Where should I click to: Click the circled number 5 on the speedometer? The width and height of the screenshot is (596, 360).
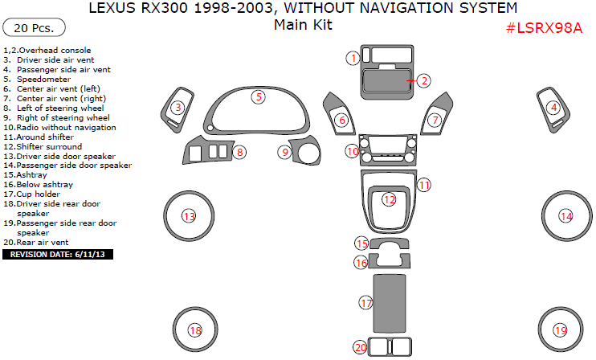(259, 97)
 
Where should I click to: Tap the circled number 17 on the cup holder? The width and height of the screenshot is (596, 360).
(366, 303)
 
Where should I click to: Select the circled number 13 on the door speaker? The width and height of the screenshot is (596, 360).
(190, 216)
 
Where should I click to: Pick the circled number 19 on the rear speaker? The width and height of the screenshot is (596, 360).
(561, 330)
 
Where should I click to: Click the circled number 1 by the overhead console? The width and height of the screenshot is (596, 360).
(352, 58)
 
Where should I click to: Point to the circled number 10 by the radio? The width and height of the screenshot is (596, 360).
(353, 151)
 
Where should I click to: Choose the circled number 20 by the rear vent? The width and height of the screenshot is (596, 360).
(361, 347)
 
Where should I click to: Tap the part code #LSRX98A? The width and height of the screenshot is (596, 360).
(544, 28)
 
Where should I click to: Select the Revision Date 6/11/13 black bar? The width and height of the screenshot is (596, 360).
(59, 254)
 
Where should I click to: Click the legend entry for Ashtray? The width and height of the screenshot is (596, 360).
(28, 174)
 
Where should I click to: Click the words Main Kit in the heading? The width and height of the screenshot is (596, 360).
(302, 24)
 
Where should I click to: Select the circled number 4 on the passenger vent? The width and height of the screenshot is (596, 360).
(553, 108)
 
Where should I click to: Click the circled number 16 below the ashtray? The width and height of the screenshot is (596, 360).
(361, 263)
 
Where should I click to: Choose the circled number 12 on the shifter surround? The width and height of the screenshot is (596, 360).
(390, 199)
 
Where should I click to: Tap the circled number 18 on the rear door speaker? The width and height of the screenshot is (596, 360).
(195, 330)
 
